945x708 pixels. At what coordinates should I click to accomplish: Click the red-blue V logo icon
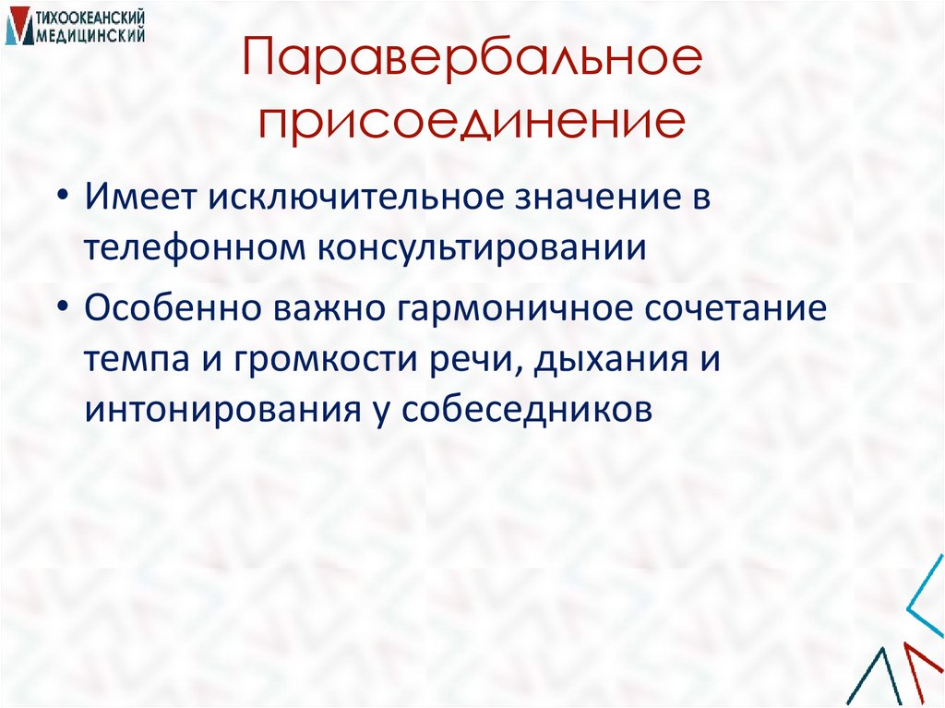(x=18, y=28)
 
